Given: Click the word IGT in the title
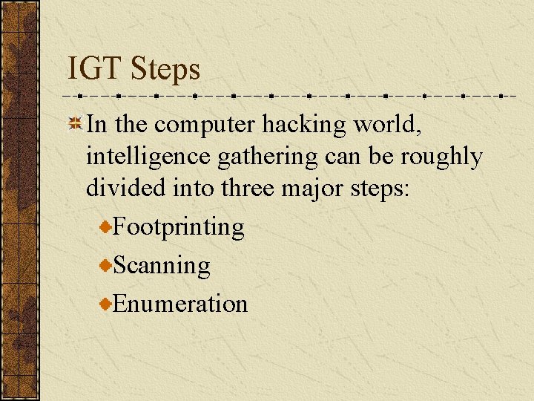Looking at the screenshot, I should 95,70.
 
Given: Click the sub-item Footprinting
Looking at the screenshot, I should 179,227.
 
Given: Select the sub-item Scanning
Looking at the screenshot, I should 162,266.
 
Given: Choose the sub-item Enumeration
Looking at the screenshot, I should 180,304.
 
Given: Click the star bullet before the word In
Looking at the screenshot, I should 75,125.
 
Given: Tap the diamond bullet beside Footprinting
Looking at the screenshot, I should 107,226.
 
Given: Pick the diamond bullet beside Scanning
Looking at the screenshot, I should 107,265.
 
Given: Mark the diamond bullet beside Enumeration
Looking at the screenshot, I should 107,304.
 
